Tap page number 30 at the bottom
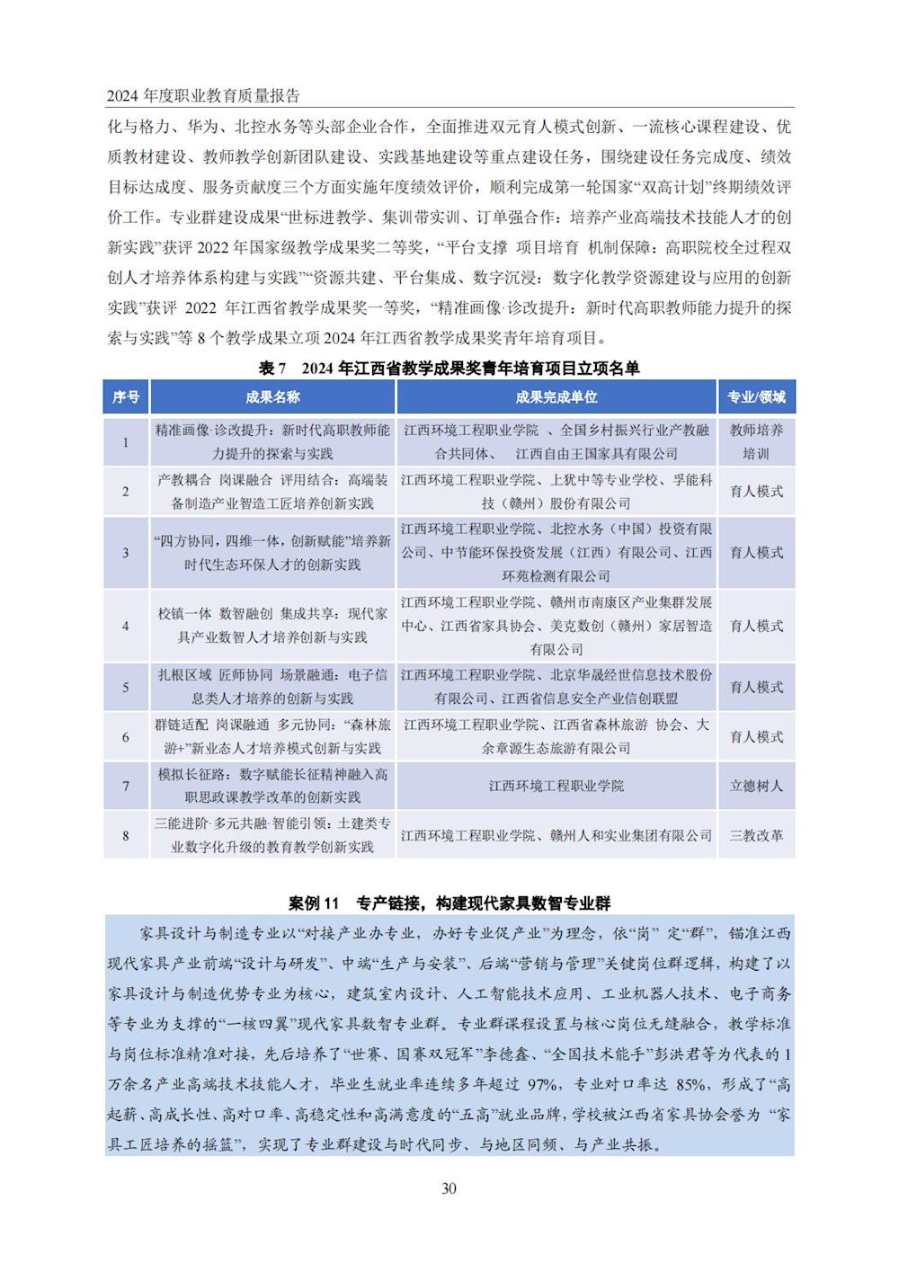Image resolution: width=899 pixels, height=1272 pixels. click(x=449, y=1188)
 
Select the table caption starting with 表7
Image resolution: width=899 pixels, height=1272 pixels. click(x=449, y=368)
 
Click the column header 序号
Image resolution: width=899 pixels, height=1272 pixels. click(x=126, y=397)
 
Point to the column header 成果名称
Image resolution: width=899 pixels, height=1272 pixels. click(x=272, y=397)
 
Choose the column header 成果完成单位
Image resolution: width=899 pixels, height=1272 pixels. click(x=556, y=397)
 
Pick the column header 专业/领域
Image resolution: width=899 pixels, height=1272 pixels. click(x=756, y=397)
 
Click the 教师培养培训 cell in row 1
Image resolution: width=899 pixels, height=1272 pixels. click(x=756, y=441)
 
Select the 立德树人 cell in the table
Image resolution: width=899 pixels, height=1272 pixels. click(x=756, y=786)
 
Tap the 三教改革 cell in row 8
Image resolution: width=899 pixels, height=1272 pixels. click(x=756, y=835)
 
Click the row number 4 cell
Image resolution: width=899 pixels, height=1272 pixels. click(x=126, y=626)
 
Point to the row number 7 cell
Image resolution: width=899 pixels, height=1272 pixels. click(x=126, y=786)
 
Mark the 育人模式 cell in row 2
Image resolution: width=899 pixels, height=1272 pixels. click(x=756, y=491)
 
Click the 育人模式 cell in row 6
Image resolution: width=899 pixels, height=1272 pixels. click(x=756, y=736)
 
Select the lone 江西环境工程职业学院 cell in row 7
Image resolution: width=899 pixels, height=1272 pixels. click(x=556, y=786)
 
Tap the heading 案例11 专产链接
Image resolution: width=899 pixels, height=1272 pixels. click(x=449, y=902)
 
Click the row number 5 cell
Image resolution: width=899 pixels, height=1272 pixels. click(x=126, y=688)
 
